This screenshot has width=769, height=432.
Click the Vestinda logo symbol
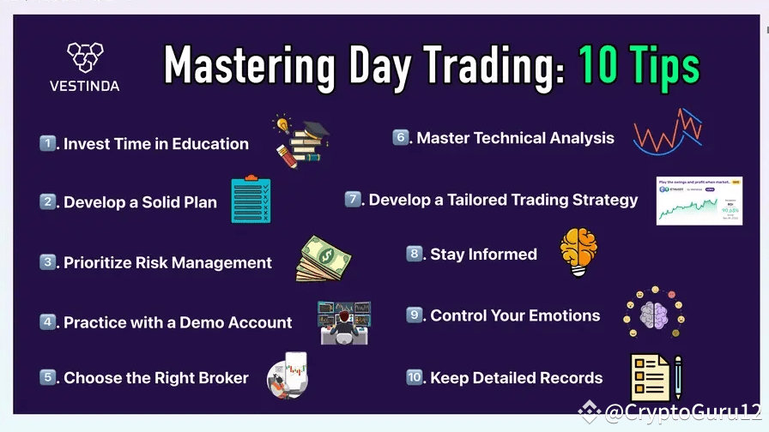[x=84, y=57]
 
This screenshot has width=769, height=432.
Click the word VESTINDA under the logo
[x=84, y=86]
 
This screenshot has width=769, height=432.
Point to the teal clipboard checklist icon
[x=251, y=200]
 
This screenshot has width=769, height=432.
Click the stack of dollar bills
[x=324, y=260]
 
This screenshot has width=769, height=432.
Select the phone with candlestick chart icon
[x=287, y=375]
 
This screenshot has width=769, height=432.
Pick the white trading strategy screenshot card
[x=699, y=201]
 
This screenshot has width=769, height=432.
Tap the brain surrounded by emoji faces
[x=653, y=313]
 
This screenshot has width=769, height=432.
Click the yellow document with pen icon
[x=655, y=378]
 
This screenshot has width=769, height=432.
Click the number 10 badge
[x=415, y=377]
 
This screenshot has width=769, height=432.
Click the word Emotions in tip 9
[x=559, y=315]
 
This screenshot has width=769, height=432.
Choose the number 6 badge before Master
[x=401, y=137]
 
